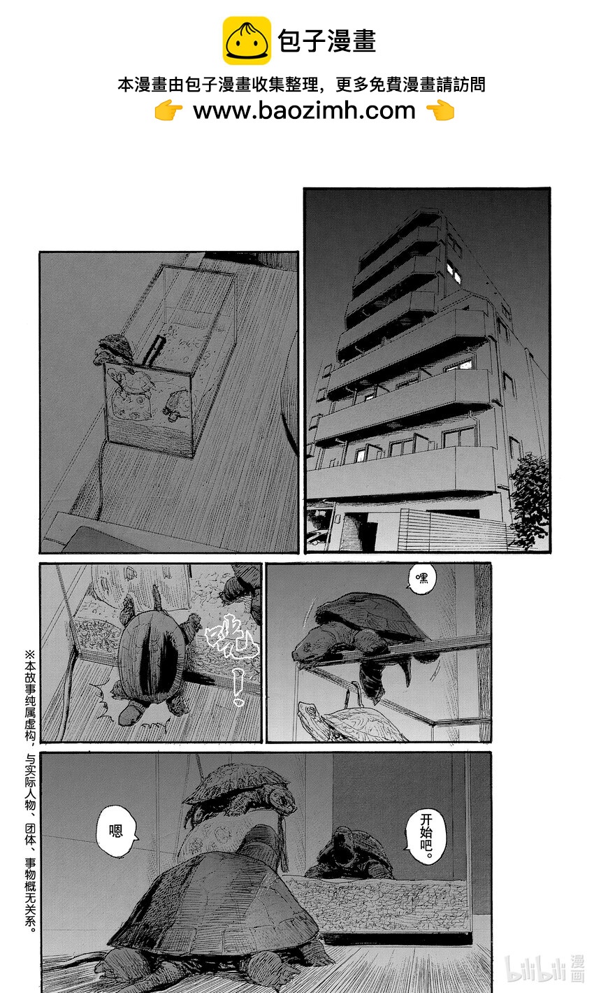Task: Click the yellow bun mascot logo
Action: pyautogui.click(x=247, y=41)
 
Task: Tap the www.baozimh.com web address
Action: pyautogui.click(x=304, y=110)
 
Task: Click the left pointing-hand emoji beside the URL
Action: pyautogui.click(x=168, y=110)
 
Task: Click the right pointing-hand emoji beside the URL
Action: pyautogui.click(x=440, y=110)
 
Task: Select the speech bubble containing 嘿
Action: pyautogui.click(x=421, y=578)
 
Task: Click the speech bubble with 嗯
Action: pyautogui.click(x=116, y=830)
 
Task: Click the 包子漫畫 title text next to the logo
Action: pyautogui.click(x=327, y=41)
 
